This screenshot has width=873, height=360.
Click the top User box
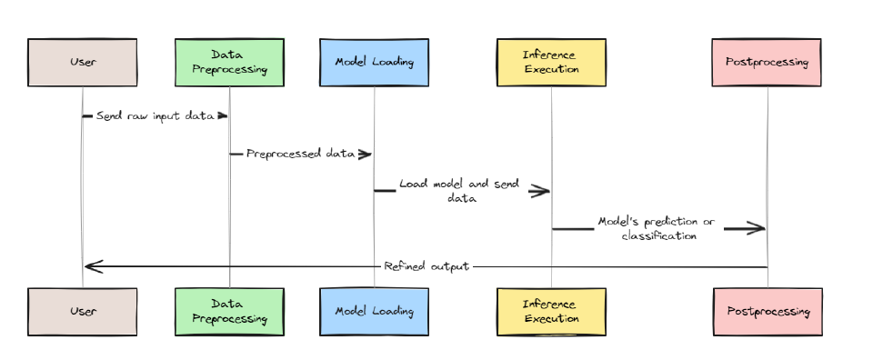82,62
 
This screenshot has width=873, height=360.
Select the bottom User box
82,311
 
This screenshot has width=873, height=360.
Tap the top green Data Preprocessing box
229,62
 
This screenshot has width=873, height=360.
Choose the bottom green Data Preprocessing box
229,311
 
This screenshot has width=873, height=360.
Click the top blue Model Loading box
374,62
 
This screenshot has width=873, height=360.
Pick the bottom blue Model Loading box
374,311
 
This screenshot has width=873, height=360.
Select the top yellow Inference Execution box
551,62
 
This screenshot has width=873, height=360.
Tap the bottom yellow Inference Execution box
551,311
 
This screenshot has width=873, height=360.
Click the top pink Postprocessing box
768,62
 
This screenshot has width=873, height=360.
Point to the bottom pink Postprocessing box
768,311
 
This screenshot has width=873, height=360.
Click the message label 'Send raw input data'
155,116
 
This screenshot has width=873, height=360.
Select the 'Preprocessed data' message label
300,154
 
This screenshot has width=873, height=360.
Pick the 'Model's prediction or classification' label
658,228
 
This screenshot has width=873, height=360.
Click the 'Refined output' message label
426,266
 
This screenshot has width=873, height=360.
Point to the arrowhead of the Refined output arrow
92,266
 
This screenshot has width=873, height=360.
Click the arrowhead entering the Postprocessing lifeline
757,228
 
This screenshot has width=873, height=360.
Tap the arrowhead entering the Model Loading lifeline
365,154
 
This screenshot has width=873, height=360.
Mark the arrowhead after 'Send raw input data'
221,116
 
